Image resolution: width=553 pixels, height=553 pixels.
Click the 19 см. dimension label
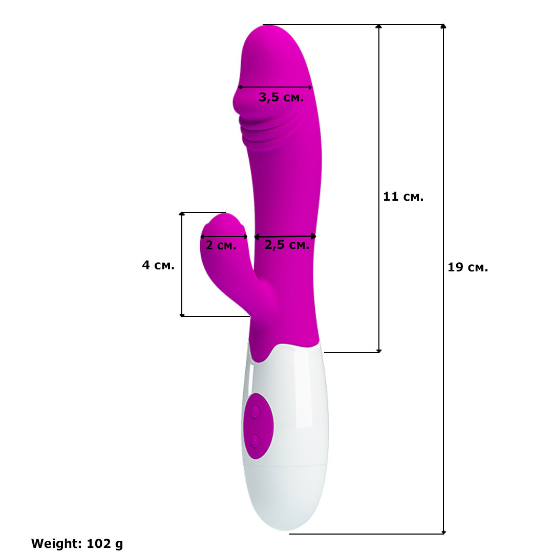[x=467, y=267]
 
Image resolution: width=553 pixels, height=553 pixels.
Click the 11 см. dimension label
[x=403, y=197]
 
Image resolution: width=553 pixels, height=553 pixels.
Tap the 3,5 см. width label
[x=281, y=97]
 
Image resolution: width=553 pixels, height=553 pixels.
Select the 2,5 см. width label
[x=287, y=245]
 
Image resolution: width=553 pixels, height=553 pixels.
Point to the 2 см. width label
[x=221, y=245]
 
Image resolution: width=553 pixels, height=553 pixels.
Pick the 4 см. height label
[x=158, y=265]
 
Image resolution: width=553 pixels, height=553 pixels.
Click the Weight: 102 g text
[x=77, y=543]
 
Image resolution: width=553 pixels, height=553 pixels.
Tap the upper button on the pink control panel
[x=256, y=412]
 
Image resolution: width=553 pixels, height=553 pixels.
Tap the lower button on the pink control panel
[x=255, y=441]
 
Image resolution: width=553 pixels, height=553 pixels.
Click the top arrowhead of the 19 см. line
[x=443, y=26]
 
